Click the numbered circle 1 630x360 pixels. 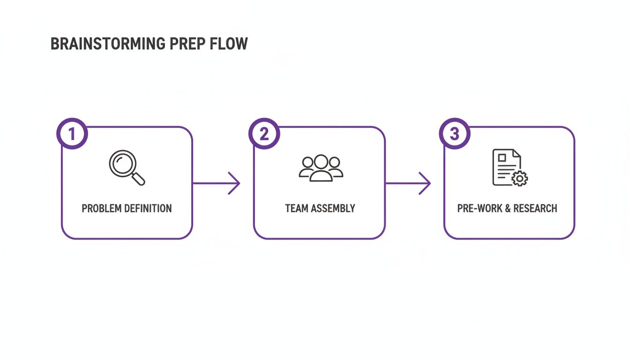(72, 134)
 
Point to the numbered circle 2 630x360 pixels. (264, 134)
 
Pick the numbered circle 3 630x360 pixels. (454, 134)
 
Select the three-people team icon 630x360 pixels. (321, 168)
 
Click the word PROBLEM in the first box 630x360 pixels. (101, 208)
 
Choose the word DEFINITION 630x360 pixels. (147, 208)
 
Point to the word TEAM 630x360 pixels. (296, 208)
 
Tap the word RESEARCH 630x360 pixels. (536, 208)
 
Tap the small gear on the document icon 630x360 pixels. (519, 178)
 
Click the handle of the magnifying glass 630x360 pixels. (139, 179)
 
